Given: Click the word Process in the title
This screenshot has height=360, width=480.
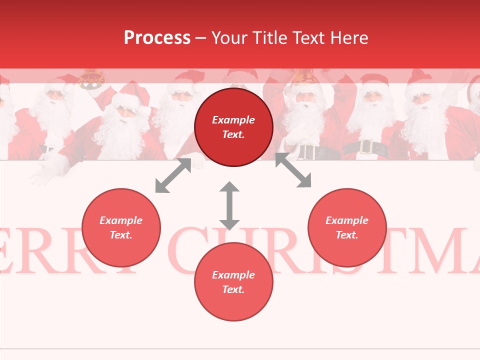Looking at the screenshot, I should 157,38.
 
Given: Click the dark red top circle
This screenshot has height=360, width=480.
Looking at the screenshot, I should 233,127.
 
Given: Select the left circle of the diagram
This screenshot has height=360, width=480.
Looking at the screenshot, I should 121,227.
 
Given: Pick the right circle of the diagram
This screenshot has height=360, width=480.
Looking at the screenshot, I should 347,227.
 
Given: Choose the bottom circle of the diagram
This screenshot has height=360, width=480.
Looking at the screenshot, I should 233,282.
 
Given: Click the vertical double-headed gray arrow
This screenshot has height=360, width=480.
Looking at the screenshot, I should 229,205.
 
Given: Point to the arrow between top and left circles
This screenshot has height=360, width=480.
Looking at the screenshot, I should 173,175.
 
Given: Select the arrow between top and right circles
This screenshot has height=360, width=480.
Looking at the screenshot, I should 293,170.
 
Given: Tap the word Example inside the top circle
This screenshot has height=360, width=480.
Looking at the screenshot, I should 233,120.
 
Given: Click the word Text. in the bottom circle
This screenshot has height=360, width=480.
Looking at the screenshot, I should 233,289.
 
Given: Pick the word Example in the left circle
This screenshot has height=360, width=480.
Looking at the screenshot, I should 121,220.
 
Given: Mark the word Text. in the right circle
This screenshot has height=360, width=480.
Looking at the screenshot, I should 347,235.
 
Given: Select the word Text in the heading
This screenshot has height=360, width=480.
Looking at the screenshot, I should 310,38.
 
